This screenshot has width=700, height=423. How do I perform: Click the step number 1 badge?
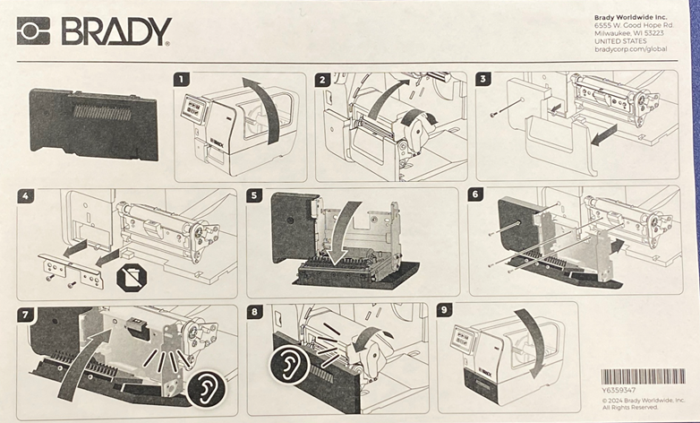click(x=183, y=80)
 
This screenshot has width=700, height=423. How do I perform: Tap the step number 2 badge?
click(x=324, y=80)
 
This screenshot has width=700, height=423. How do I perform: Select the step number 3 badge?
click(x=484, y=80)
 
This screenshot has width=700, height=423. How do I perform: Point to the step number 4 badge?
click(x=25, y=195)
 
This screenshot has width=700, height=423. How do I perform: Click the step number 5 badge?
click(x=255, y=195)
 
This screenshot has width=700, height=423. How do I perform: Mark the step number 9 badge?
click(x=446, y=311)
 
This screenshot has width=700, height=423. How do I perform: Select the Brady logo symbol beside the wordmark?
click(x=34, y=31)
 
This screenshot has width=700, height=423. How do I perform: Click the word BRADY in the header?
click(x=115, y=31)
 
